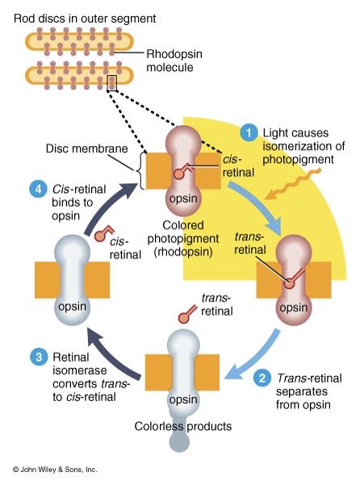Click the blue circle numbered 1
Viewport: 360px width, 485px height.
click(x=249, y=132)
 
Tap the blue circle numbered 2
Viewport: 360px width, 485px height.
click(x=262, y=378)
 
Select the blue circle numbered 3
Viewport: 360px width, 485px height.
click(x=39, y=357)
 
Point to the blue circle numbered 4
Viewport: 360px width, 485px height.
click(x=38, y=189)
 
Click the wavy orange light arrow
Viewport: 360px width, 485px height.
click(x=292, y=184)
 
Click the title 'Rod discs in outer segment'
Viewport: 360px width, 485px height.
click(x=85, y=19)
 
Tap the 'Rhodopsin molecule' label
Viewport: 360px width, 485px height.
click(x=174, y=61)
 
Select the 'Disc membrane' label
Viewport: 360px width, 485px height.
click(x=86, y=148)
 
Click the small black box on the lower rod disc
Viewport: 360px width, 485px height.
click(x=111, y=83)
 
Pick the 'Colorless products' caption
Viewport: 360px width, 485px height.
click(x=182, y=426)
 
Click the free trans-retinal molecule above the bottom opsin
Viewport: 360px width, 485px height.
click(x=186, y=314)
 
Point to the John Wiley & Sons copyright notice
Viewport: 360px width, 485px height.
click(x=55, y=470)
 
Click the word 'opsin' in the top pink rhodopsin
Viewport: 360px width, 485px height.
click(x=183, y=199)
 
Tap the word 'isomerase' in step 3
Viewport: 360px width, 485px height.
click(x=79, y=370)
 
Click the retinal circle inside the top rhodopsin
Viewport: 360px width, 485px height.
click(x=178, y=174)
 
